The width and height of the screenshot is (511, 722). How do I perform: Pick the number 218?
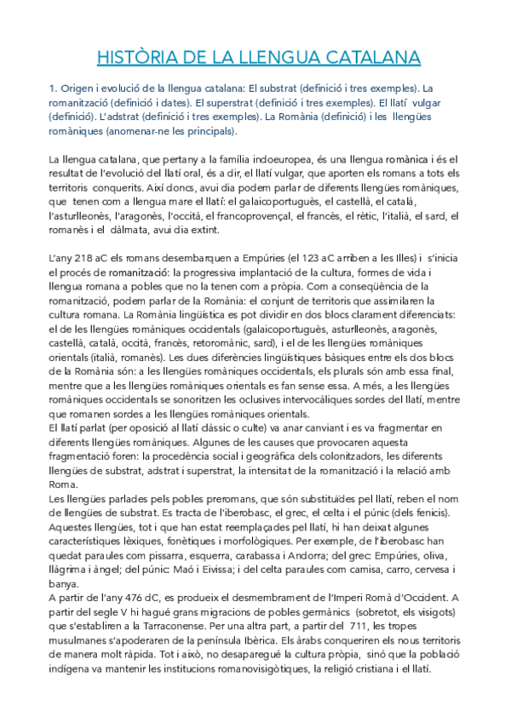(x=89, y=258)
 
